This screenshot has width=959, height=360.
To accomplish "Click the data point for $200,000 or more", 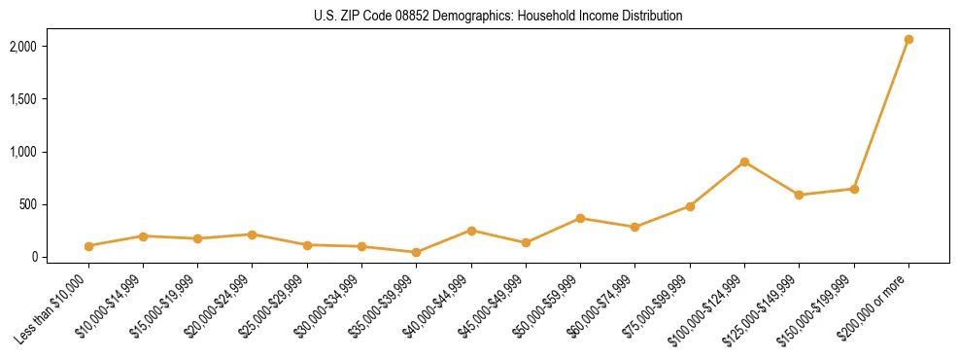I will click(x=908, y=39).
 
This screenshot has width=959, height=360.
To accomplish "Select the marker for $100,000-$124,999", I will click(x=744, y=162).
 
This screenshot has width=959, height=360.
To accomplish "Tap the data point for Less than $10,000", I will click(x=88, y=246).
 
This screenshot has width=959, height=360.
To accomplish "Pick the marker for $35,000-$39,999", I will click(x=416, y=252).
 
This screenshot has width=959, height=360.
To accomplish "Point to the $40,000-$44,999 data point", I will click(x=471, y=231).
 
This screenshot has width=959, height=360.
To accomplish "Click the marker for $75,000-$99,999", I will click(x=690, y=206).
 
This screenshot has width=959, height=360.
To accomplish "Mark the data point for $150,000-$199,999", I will click(x=854, y=189).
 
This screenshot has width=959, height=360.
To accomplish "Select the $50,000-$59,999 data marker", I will click(x=580, y=218).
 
